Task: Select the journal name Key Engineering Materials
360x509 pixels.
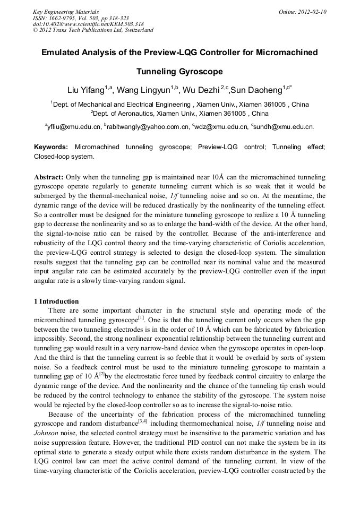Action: point(66,12)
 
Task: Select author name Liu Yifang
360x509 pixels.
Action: point(85,89)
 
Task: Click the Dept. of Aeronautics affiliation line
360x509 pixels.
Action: point(179,113)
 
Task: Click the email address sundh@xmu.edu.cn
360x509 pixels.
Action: point(285,127)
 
